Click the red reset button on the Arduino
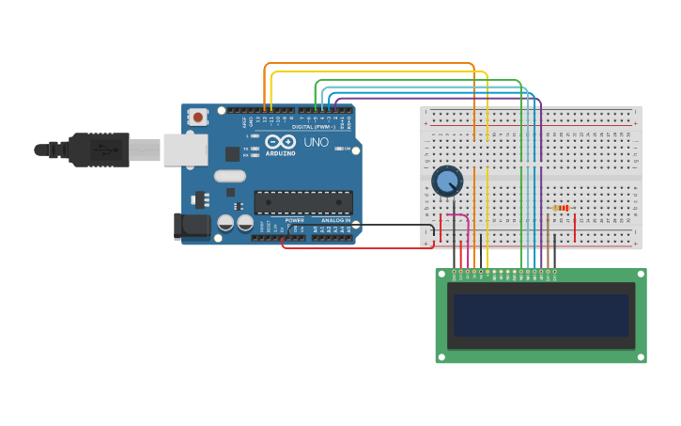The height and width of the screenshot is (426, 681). click(x=198, y=118)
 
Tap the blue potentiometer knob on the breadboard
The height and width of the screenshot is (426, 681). click(x=447, y=181)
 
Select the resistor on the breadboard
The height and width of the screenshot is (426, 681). click(x=561, y=208)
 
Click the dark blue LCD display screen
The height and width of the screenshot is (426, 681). click(x=541, y=315)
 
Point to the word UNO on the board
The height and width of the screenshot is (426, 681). click(x=316, y=142)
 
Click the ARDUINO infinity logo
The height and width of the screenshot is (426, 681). click(x=279, y=142)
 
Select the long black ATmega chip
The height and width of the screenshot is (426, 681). click(x=303, y=202)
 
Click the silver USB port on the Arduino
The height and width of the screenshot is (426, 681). click(x=185, y=150)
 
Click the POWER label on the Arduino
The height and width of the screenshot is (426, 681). click(x=294, y=220)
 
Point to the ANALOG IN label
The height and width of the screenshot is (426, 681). click(x=335, y=220)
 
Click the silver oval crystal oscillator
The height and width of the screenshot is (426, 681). click(x=229, y=175)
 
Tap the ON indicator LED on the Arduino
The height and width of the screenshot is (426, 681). click(x=347, y=149)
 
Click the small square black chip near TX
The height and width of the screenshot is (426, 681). click(x=232, y=153)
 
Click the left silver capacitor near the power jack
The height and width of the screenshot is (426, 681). click(x=225, y=224)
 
